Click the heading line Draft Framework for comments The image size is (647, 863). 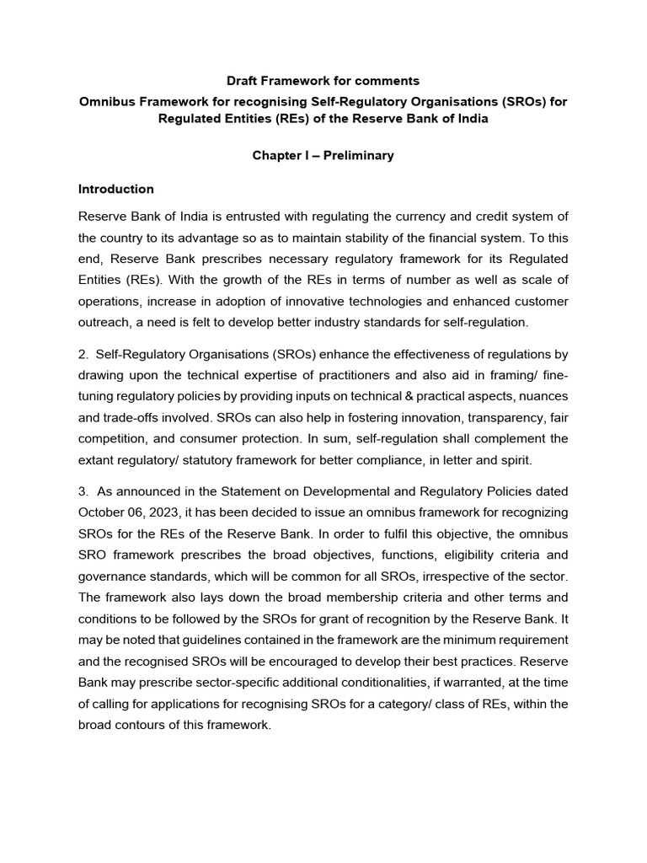[x=323, y=82]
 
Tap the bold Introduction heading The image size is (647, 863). [x=116, y=189]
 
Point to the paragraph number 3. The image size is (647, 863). [x=83, y=491]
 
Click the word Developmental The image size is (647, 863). [x=326, y=491]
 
